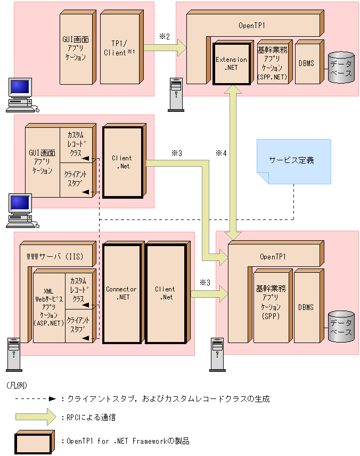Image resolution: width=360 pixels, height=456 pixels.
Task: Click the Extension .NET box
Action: click(x=231, y=63)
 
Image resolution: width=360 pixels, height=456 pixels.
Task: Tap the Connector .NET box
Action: click(x=121, y=293)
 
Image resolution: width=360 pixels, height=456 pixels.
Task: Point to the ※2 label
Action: click(x=164, y=36)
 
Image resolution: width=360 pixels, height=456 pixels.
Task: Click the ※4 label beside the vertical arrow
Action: click(x=221, y=153)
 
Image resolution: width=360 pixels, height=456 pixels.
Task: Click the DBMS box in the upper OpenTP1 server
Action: click(x=306, y=63)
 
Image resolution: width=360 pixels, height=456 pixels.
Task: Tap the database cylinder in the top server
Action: click(x=341, y=68)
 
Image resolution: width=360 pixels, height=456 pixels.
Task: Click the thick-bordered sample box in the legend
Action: click(x=34, y=442)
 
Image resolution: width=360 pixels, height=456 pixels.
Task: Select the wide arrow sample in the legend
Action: click(x=35, y=417)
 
